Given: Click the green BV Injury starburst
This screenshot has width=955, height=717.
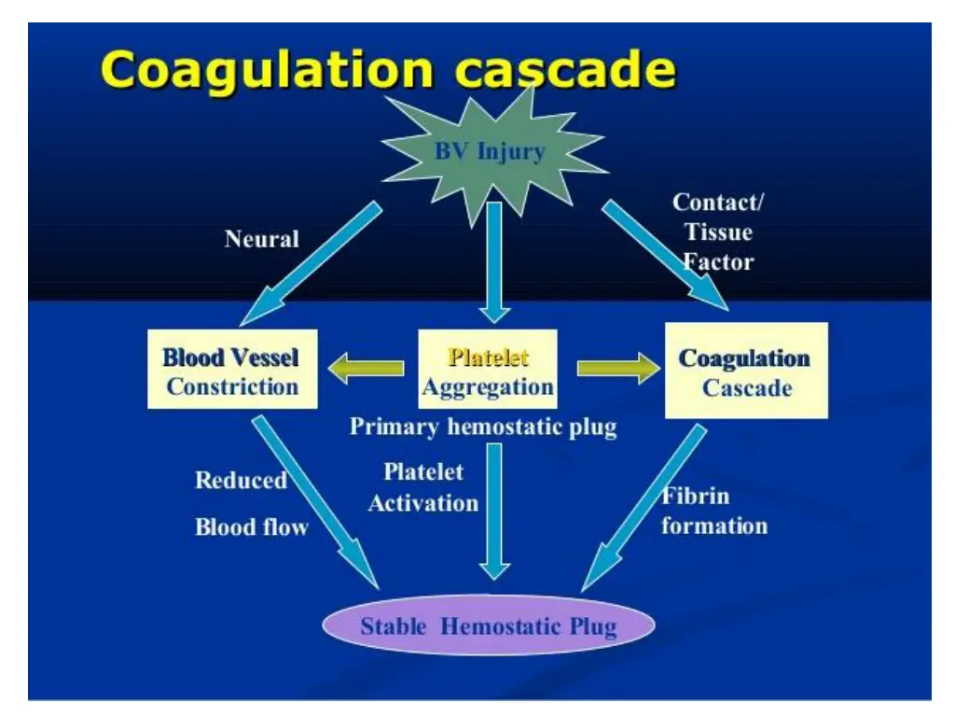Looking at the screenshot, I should tap(489, 152).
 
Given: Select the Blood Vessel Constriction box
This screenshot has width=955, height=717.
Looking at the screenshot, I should tap(231, 371).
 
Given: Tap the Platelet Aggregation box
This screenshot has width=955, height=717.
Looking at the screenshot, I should tap(488, 371).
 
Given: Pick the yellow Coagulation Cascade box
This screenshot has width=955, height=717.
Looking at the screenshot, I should tap(745, 372).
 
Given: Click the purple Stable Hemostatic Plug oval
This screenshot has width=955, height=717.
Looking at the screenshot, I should tap(488, 626).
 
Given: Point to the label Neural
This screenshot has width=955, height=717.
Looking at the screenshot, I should tap(262, 239).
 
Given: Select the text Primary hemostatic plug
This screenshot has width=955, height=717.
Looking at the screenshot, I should tap(483, 428).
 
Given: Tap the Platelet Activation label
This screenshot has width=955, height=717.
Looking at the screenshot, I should tap(423, 487).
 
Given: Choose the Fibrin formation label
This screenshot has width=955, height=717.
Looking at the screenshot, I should tap(713, 511).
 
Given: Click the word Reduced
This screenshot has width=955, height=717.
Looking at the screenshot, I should tap(241, 481).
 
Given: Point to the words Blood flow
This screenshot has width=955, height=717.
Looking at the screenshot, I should tap(252, 527).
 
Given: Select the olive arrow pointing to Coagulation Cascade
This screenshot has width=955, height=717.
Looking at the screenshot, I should tap(616, 370).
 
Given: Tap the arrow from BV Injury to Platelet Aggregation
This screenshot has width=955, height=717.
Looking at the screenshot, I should tap(493, 261).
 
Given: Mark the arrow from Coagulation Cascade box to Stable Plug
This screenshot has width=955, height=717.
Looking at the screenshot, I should tap(644, 509).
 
